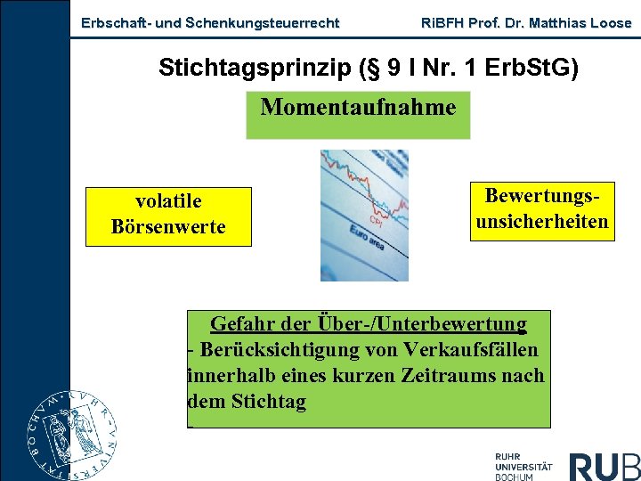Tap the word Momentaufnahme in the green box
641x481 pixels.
coord(358,108)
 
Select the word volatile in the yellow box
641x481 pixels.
coord(168,201)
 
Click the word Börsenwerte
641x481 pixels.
coord(168,226)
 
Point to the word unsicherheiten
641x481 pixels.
coord(542,221)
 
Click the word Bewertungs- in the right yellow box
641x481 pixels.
coord(542,196)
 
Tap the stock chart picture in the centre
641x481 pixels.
coord(365,215)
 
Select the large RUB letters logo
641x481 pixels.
coord(604,466)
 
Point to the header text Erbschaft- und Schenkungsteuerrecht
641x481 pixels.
coord(210,23)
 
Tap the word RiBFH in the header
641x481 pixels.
coord(440,23)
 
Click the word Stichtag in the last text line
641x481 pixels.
coord(268,401)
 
